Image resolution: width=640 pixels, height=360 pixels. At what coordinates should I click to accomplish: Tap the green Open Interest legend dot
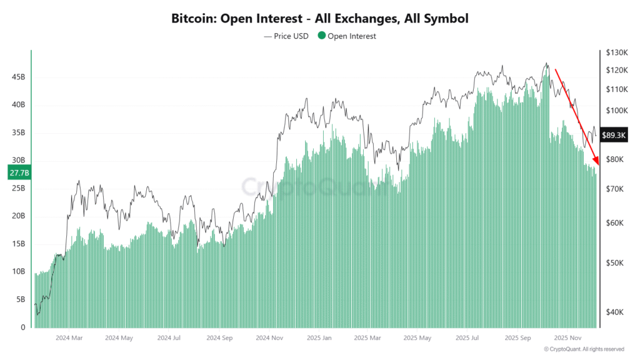click(322, 36)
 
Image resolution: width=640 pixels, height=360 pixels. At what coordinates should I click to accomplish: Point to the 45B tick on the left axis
click(19, 77)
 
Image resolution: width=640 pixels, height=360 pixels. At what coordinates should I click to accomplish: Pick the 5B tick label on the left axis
click(21, 299)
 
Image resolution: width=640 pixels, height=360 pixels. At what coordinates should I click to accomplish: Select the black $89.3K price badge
click(613, 134)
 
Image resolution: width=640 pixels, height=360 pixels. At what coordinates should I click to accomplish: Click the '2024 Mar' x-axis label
click(69, 337)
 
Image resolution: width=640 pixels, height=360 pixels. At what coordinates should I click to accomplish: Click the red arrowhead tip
click(598, 166)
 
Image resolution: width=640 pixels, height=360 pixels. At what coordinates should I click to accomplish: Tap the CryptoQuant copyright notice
click(584, 349)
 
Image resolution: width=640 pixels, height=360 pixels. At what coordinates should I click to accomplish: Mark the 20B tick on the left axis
click(19, 216)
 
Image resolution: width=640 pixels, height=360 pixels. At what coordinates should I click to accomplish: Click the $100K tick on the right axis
click(616, 111)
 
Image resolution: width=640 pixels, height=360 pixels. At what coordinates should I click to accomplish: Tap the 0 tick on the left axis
click(23, 327)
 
